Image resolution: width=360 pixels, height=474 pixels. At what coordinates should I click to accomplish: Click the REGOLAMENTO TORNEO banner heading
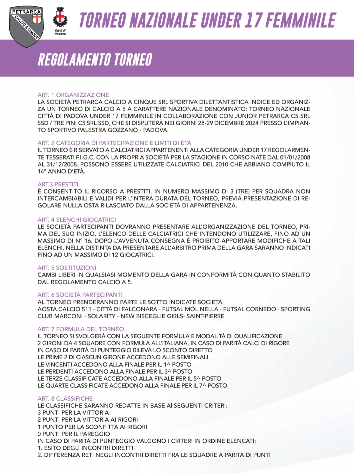95,59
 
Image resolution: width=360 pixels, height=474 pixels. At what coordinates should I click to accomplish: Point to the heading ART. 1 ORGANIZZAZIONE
73,95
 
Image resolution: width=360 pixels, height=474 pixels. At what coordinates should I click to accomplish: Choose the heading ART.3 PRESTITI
58,184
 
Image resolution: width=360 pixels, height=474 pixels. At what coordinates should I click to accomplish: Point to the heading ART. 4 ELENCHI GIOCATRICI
77,219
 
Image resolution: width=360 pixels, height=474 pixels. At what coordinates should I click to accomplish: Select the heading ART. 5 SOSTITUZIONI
67,268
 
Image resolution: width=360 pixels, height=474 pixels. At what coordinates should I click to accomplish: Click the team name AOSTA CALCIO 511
64,309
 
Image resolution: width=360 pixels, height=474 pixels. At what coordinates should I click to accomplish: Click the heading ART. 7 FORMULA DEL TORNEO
81,329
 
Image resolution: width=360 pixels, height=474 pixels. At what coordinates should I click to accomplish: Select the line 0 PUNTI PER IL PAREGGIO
74,434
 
